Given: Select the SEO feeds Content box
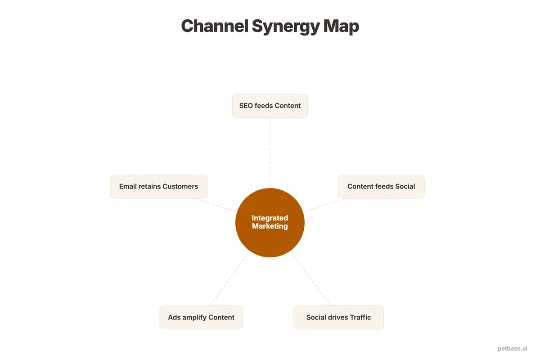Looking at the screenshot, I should (270, 106).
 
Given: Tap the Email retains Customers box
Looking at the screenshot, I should (158, 186).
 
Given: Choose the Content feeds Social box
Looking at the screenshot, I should (381, 186).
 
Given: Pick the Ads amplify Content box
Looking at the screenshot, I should (201, 317).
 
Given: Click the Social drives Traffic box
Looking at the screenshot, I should (338, 317).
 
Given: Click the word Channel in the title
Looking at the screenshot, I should (214, 26).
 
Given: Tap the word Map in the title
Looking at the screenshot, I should (341, 26).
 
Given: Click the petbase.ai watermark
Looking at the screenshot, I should (512, 348).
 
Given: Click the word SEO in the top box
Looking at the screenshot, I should (246, 106).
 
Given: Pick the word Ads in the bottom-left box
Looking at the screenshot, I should (174, 317).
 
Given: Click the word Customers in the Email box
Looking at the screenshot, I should (180, 186).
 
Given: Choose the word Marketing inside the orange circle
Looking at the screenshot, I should (270, 226).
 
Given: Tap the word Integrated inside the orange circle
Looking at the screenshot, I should (270, 218).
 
